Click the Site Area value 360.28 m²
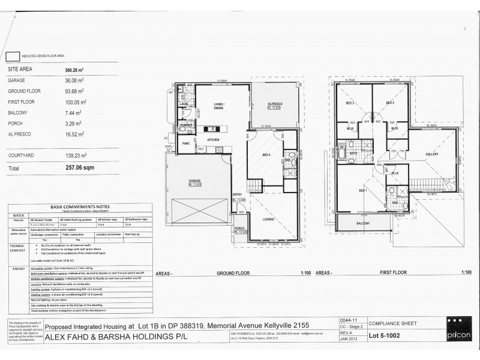75,70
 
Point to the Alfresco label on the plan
275,105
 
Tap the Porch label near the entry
240,229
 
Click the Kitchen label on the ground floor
214,140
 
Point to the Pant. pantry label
187,144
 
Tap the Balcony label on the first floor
363,223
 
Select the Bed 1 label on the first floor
362,191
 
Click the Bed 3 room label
349,103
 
